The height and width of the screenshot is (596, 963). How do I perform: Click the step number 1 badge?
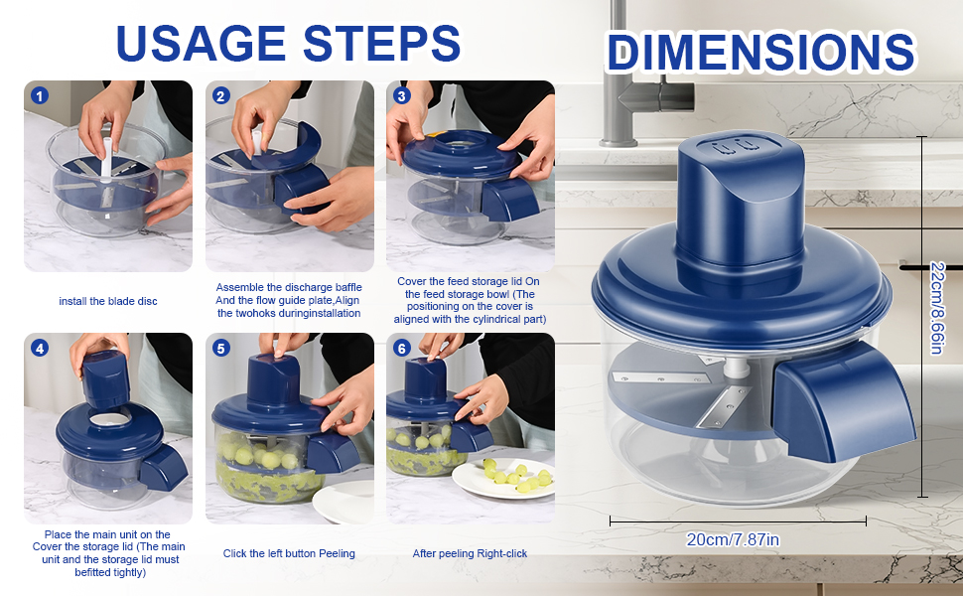(x=40, y=95)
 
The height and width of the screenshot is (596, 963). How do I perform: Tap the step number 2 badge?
(x=221, y=95)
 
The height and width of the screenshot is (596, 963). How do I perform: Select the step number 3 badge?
(x=402, y=95)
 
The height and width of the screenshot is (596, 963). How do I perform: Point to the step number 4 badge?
(x=40, y=349)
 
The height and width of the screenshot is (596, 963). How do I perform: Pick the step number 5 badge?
(x=221, y=349)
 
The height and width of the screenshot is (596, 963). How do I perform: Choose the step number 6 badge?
(x=402, y=349)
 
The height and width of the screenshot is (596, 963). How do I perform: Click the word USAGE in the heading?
(x=201, y=43)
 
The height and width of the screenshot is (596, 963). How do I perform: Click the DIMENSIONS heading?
(x=761, y=53)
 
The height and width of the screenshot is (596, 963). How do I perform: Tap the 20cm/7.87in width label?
(x=733, y=539)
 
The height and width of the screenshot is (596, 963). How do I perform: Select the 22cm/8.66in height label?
(x=936, y=308)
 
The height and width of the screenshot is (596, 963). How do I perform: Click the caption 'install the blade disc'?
(x=108, y=301)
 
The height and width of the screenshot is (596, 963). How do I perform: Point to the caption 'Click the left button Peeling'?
(x=289, y=553)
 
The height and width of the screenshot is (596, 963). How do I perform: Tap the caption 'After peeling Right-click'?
(x=470, y=553)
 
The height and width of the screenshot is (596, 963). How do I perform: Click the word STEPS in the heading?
(x=381, y=43)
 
